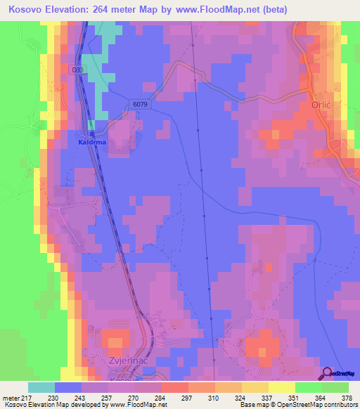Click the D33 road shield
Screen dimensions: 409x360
(x=77, y=70)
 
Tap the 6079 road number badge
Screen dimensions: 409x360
(x=139, y=105)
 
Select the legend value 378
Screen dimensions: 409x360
(x=347, y=398)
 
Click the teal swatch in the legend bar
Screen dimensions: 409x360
(x=41, y=387)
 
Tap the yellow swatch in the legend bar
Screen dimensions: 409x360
(x=282, y=387)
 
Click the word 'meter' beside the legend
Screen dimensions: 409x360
(x=11, y=398)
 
